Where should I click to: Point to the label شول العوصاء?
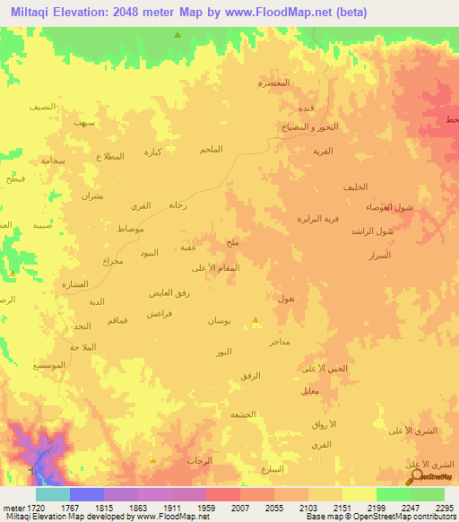389,207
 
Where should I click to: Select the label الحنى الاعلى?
324,369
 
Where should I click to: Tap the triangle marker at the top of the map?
177,35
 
